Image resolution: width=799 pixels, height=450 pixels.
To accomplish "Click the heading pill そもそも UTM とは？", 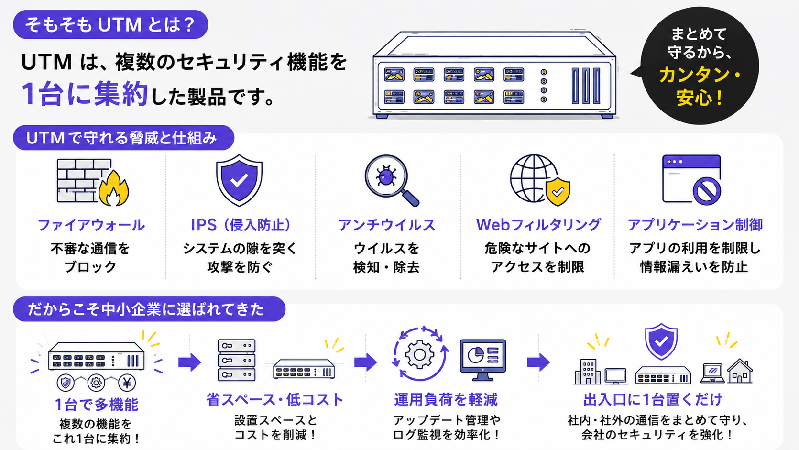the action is (110, 24).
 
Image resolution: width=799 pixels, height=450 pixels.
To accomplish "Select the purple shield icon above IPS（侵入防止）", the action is (239, 180).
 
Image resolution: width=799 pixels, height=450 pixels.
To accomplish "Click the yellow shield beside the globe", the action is (558, 192).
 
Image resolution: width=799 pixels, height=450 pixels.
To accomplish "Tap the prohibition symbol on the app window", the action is (707, 191).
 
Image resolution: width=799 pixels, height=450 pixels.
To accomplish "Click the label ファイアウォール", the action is (91, 225).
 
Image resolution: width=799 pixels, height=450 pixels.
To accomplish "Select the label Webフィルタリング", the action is (538, 225).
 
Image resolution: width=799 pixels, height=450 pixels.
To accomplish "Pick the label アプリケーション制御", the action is (695, 225).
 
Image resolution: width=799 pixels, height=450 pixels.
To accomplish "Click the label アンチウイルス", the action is (387, 225).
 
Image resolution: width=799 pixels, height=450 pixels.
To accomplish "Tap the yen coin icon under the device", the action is (127, 383).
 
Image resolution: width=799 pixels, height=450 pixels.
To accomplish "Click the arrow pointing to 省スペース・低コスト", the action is (190, 362).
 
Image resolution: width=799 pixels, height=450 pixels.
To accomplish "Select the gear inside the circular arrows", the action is (419, 354).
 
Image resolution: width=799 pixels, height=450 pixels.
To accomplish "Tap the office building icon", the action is (587, 372).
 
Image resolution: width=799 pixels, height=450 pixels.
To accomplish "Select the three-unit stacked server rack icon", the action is (237, 360).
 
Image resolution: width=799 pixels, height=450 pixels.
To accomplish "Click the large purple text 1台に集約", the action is (85, 94).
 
